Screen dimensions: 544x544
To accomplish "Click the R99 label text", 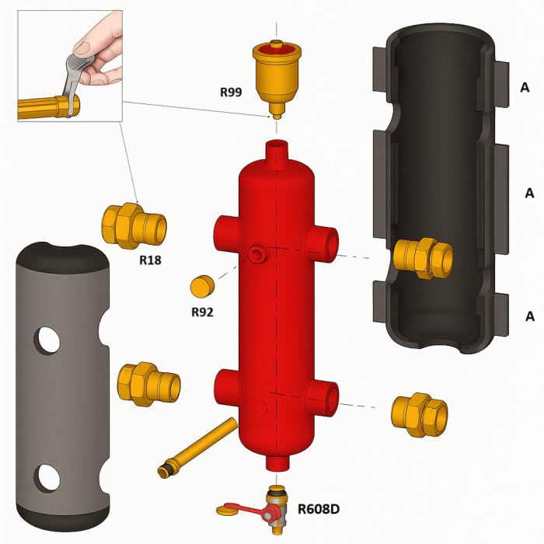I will point(231,92).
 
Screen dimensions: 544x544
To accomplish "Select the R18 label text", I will point(150,260).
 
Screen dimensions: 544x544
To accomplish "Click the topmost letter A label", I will point(525,88).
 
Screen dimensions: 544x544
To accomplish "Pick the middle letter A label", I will point(529,192).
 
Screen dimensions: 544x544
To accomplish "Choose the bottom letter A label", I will point(529,316).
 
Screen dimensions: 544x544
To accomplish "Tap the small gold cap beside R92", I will point(201,286).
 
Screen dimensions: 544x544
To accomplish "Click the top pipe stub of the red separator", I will point(277,150).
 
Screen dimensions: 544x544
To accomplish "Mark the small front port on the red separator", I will point(256,253).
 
